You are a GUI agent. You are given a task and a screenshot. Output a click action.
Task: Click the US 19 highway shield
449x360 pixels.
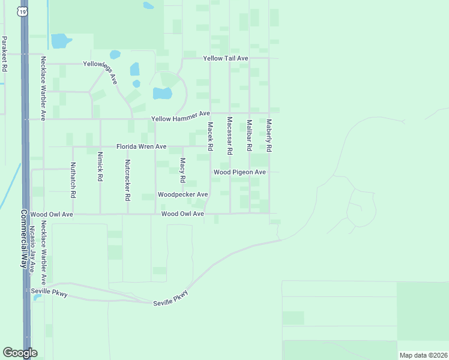tap(22, 11)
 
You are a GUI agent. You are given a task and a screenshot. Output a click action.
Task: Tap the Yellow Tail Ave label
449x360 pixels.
tap(226, 58)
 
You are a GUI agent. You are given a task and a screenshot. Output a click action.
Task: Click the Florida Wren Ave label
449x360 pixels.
tap(141, 146)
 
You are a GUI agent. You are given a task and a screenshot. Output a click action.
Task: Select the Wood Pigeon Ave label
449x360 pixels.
tap(240, 172)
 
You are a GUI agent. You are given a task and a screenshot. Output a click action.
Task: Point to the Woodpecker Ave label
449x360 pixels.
tap(182, 194)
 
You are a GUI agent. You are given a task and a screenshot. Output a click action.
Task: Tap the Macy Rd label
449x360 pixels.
tap(182, 170)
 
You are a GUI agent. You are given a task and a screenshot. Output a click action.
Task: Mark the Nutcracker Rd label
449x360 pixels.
tap(127, 179)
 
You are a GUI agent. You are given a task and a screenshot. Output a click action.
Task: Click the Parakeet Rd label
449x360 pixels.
tap(4, 54)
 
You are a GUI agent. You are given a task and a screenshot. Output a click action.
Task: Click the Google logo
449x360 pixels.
tap(20, 353)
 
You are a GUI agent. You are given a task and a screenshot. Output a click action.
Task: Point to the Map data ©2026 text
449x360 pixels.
tap(422, 355)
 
